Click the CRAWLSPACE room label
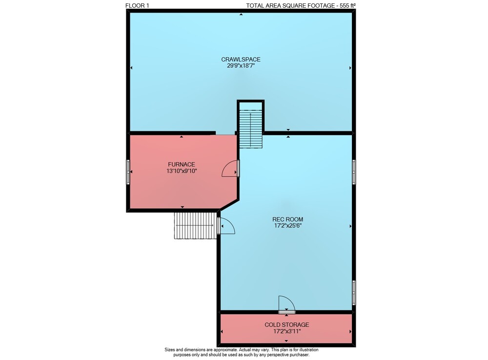click(x=241, y=59)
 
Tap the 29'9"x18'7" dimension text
click(x=241, y=66)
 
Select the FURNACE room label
click(x=182, y=164)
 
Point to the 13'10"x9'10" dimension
click(x=182, y=170)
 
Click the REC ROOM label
click(x=287, y=219)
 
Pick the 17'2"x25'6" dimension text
click(x=287, y=226)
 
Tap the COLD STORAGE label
click(x=286, y=324)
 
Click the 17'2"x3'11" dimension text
click(x=287, y=331)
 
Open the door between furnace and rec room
click(x=231, y=169)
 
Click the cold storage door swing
click(x=286, y=304)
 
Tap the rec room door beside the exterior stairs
click(x=226, y=226)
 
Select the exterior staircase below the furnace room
click(x=195, y=226)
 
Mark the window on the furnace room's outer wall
click(x=128, y=172)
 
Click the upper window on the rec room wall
click(x=354, y=172)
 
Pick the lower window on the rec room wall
click(x=354, y=293)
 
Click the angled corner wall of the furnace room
click(x=229, y=204)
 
